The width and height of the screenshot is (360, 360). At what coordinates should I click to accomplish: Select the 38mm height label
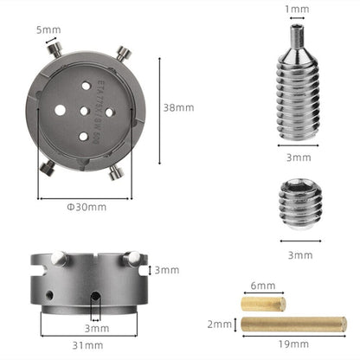179,107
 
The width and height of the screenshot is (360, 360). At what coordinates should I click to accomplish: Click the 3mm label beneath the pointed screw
298,157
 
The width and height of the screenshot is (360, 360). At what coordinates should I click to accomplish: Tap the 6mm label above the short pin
264,285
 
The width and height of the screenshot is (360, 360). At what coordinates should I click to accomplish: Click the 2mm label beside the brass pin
221,325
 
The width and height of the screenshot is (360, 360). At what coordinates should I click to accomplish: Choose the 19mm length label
294,344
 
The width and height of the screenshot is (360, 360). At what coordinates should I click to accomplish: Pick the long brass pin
294,325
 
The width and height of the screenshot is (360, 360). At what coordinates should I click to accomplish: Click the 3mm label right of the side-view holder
168,271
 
